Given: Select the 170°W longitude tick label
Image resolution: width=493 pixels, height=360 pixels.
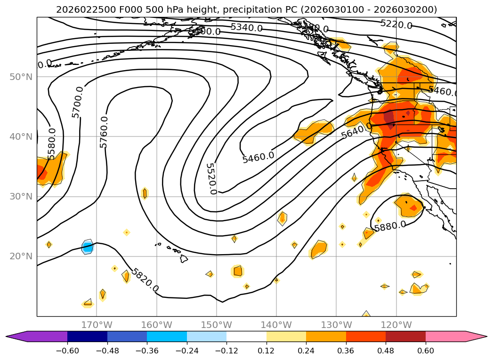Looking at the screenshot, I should tap(96, 325).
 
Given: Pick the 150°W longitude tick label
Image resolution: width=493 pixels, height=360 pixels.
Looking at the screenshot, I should tap(216, 325).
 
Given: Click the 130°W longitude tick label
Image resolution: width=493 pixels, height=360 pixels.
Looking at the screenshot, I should tap(336, 325).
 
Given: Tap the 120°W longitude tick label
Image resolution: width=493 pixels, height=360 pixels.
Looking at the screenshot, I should tap(396, 325).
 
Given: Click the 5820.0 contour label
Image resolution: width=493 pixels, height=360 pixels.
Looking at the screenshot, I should tap(145, 280).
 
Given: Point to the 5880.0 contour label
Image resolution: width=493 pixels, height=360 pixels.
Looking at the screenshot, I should tap(390, 226).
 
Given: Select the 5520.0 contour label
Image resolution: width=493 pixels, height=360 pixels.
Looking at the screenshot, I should tap(211, 179).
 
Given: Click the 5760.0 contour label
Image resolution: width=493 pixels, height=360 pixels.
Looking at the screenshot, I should tap(104, 132).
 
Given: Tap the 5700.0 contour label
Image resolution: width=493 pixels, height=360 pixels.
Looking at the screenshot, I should tap(78, 102).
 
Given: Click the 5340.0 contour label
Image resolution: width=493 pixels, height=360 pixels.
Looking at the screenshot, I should tap(246, 28).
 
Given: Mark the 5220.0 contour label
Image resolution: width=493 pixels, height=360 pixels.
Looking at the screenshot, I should tap(396, 24).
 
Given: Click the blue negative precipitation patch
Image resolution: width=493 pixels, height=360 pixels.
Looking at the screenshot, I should tap(88, 247).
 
